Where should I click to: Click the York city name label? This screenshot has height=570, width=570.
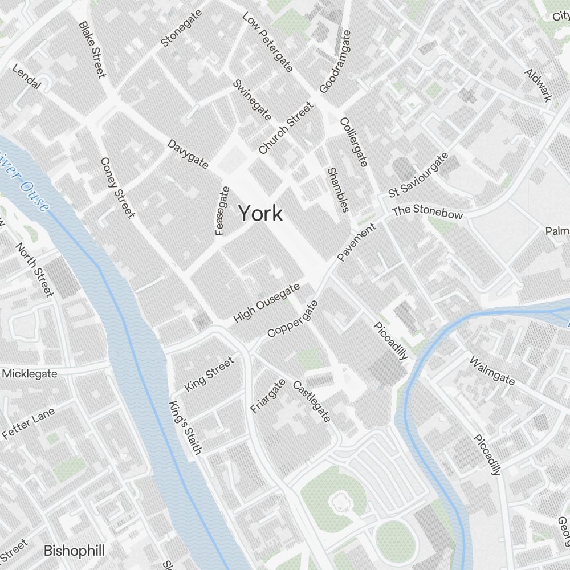click(260, 214)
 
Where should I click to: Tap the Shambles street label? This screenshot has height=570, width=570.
click(337, 190)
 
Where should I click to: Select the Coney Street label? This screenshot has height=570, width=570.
click(117, 188)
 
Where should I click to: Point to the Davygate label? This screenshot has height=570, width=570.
click(188, 154)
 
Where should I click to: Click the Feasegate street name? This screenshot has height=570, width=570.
click(222, 210)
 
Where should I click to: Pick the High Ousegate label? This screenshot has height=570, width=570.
click(266, 303)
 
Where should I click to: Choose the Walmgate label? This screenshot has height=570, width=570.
click(492, 370)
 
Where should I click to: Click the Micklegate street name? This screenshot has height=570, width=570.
click(30, 374)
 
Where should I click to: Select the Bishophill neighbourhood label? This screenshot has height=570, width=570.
click(74, 551)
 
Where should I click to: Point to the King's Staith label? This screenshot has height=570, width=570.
click(186, 428)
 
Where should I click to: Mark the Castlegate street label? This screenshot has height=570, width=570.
click(311, 402)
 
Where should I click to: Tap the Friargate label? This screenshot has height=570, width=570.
click(267, 395)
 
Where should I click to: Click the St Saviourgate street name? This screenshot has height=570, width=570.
click(418, 175)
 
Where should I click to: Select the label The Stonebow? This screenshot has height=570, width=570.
click(427, 211)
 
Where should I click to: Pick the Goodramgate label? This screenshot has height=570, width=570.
click(335, 62)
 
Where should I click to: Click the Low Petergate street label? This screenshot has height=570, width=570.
click(267, 43)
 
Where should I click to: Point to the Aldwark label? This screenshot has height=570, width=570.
click(538, 85)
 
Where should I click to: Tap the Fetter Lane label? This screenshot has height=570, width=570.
click(28, 423)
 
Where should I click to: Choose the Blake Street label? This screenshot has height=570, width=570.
click(92, 50)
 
